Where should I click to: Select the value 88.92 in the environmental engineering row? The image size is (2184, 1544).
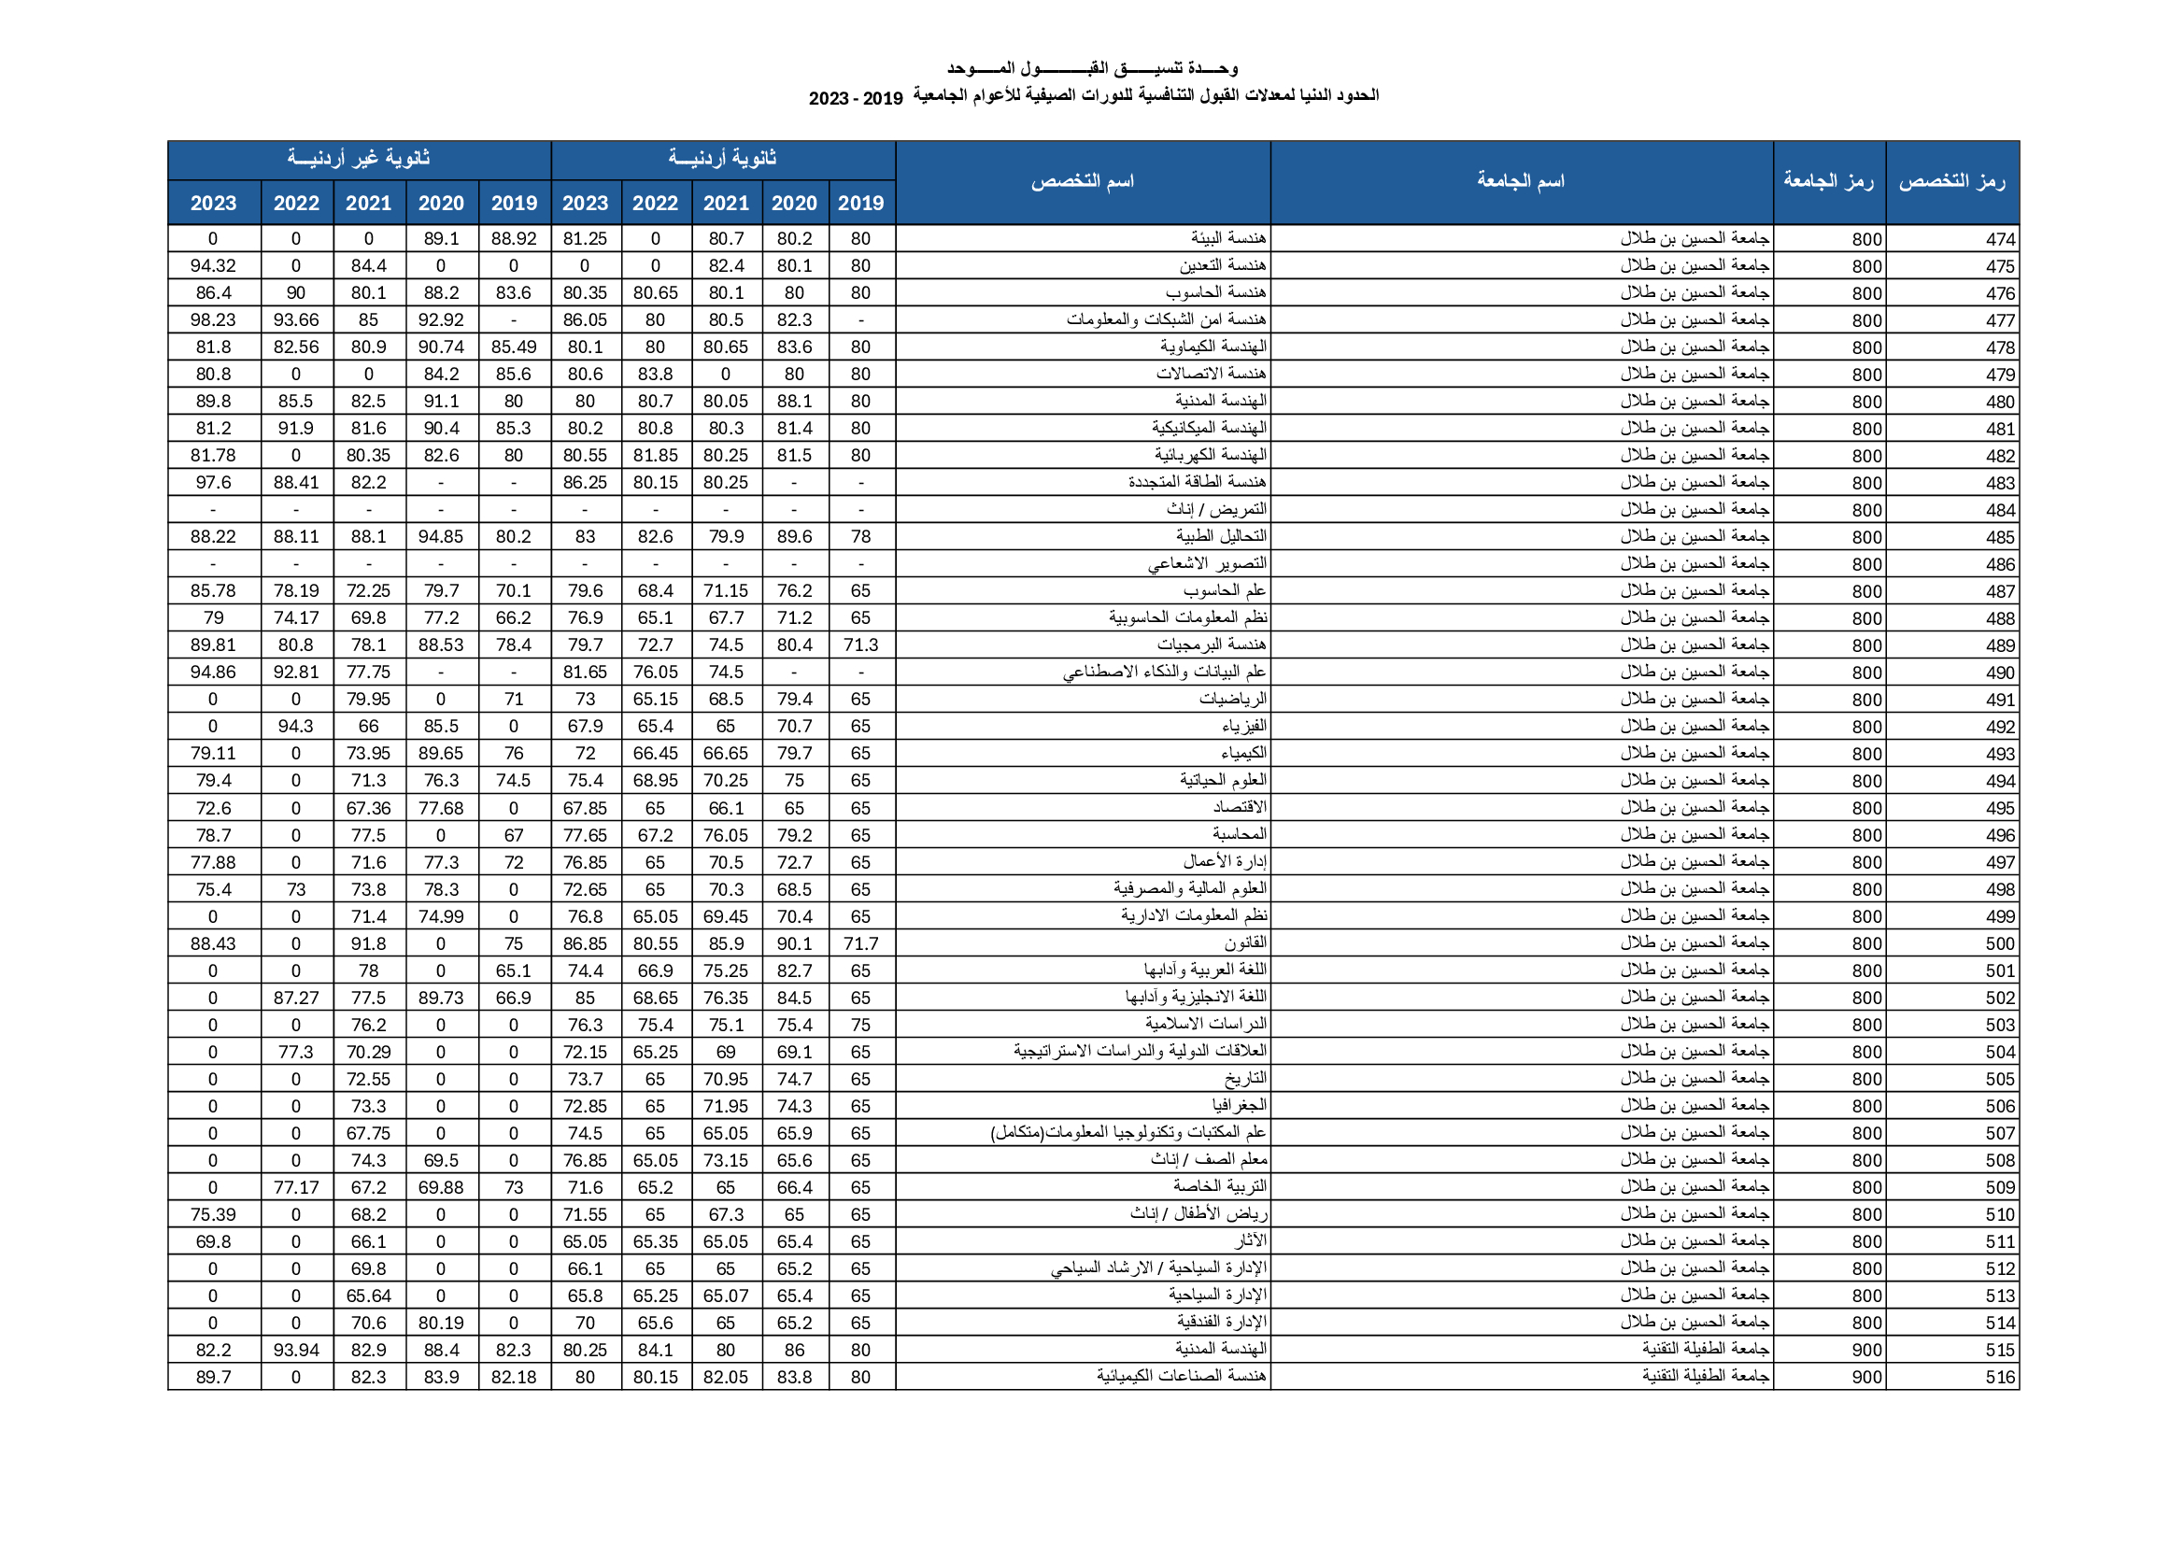pos(514,239)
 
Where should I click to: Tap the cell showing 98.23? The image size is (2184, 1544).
pos(213,320)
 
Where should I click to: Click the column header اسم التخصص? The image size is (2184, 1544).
pos(1083,182)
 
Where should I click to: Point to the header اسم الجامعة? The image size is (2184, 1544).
pos(1520,182)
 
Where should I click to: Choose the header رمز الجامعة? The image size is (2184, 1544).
pos(1828,182)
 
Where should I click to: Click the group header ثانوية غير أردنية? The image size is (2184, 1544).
pos(359,159)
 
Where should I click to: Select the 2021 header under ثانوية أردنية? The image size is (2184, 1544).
pos(726,204)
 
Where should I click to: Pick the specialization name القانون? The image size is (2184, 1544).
pos(1245,943)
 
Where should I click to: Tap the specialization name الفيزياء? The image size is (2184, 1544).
pos(1244,727)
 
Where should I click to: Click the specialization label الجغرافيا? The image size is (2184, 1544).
pos(1240,1106)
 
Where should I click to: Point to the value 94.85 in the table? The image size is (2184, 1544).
pos(440,536)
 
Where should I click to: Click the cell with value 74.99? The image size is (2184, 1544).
pos(440,917)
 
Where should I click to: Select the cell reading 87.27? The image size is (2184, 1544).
pos(296,998)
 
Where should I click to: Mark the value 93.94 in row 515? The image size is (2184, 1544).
pos(296,1350)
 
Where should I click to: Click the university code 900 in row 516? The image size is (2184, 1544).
pos(1866,1378)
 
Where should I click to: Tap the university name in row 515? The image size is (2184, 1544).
pos(1705,1350)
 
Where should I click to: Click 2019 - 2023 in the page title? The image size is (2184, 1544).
pos(855,99)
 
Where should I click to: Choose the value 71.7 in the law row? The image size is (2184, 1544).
pos(860,943)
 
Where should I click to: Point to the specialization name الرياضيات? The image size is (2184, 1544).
pos(1233,700)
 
